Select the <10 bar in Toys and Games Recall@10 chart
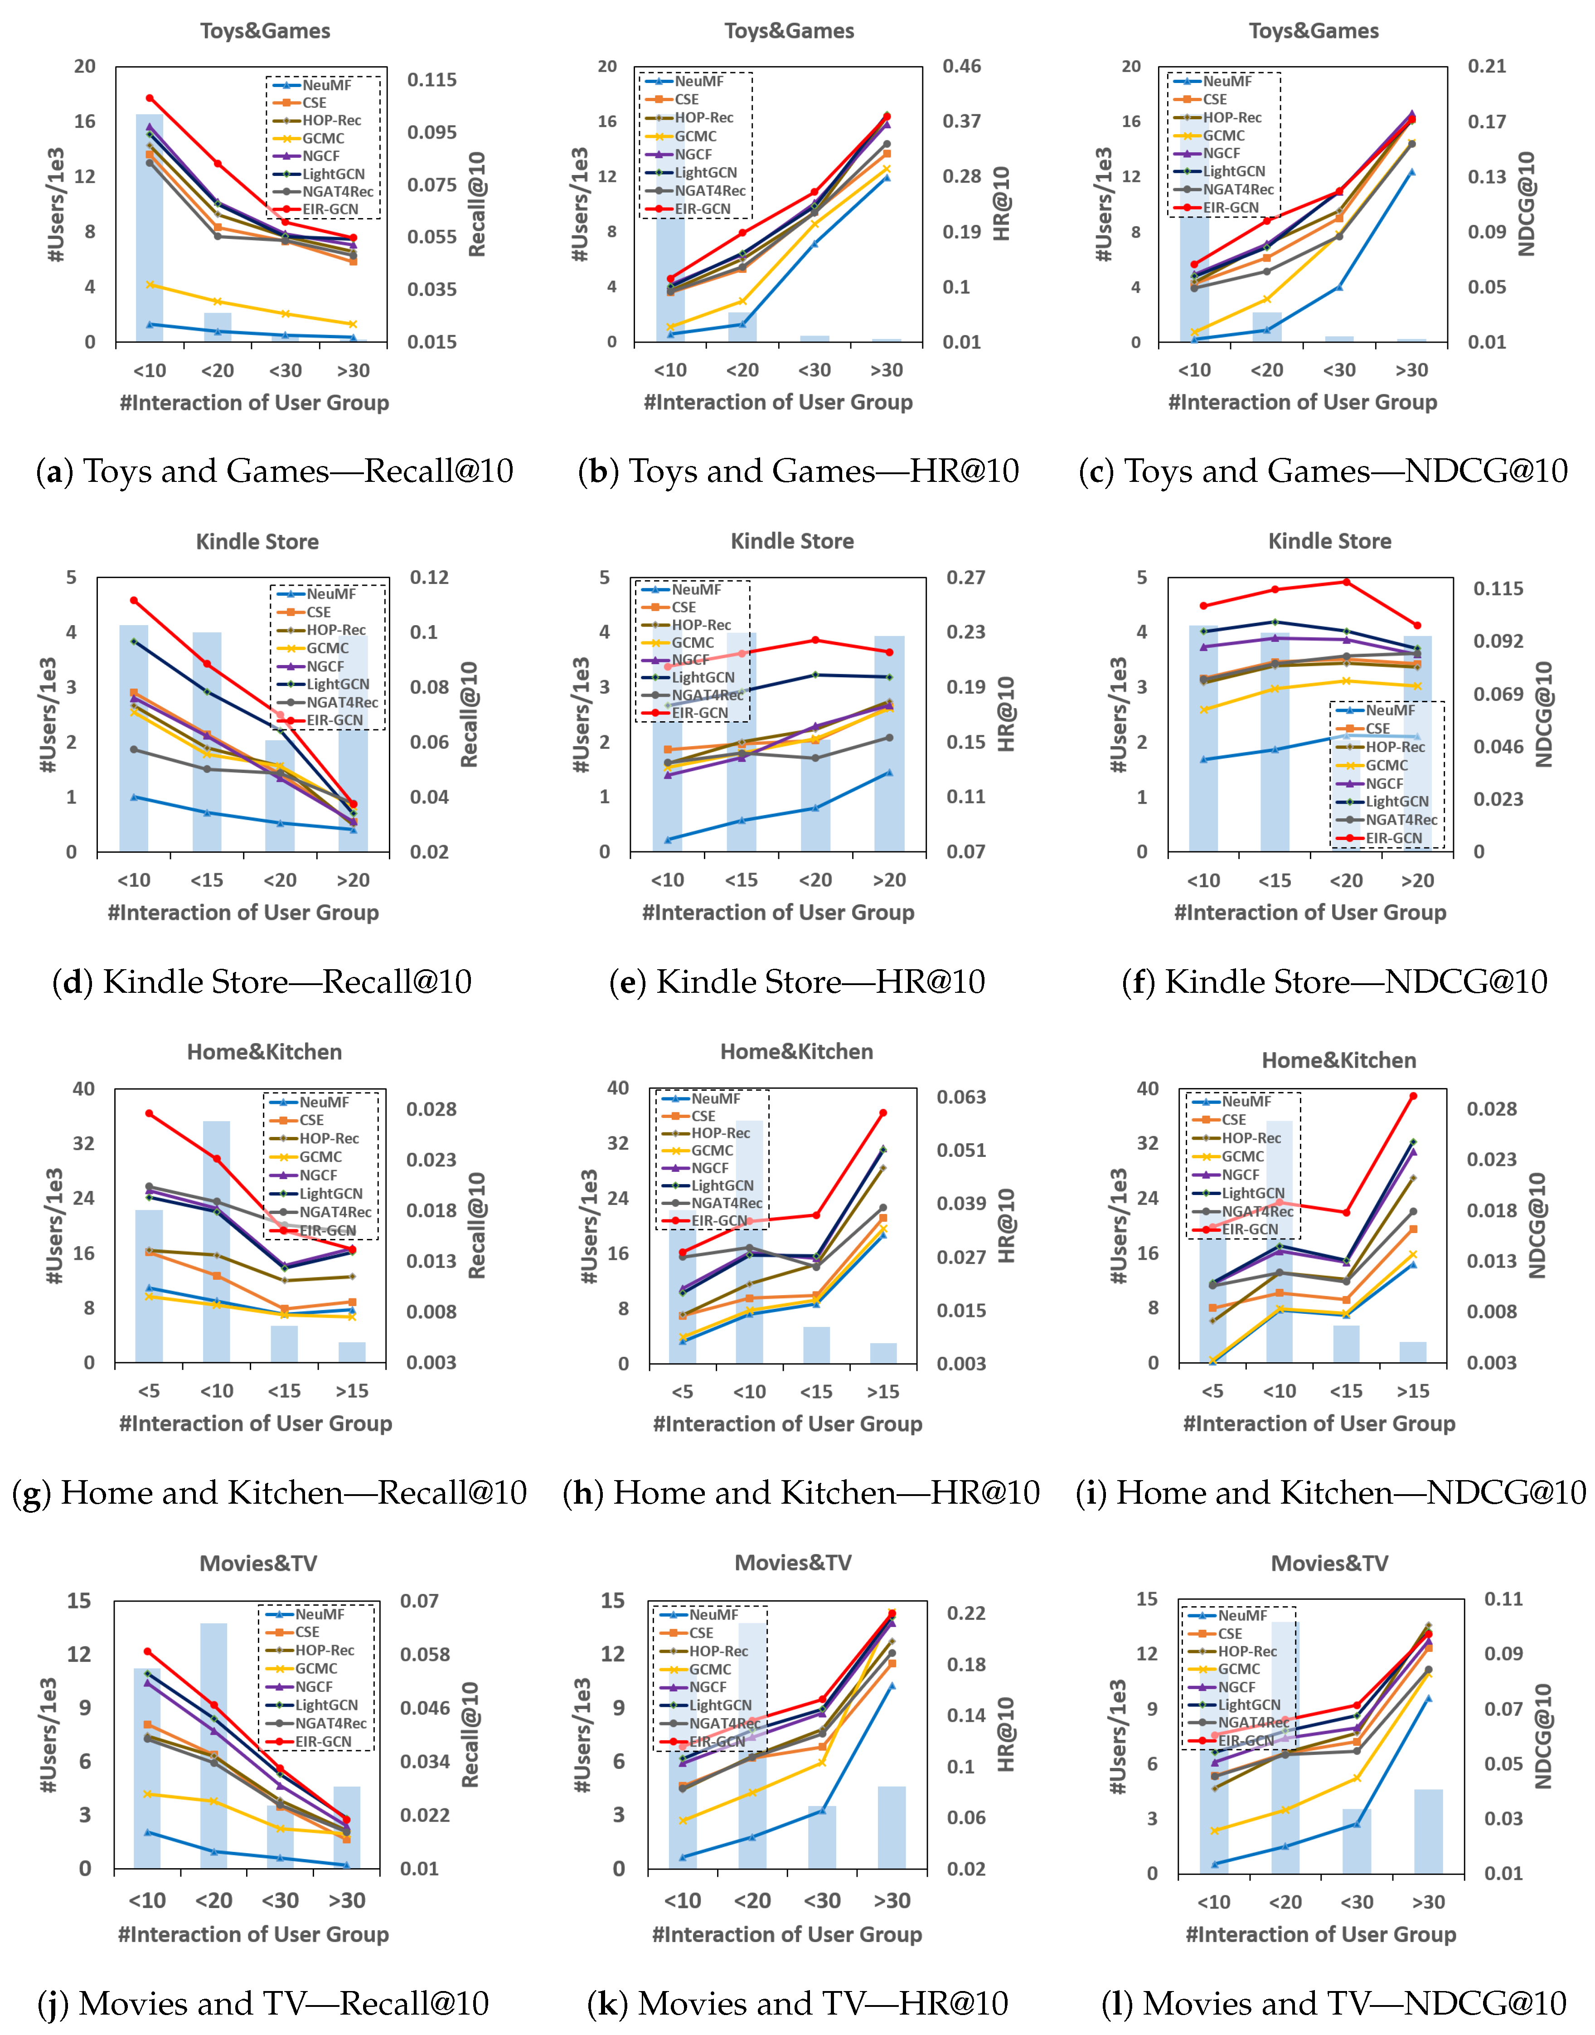tap(150, 233)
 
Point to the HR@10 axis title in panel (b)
tap(1002, 204)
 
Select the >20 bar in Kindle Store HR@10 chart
tap(889, 747)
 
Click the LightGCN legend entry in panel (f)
tap(1396, 801)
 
